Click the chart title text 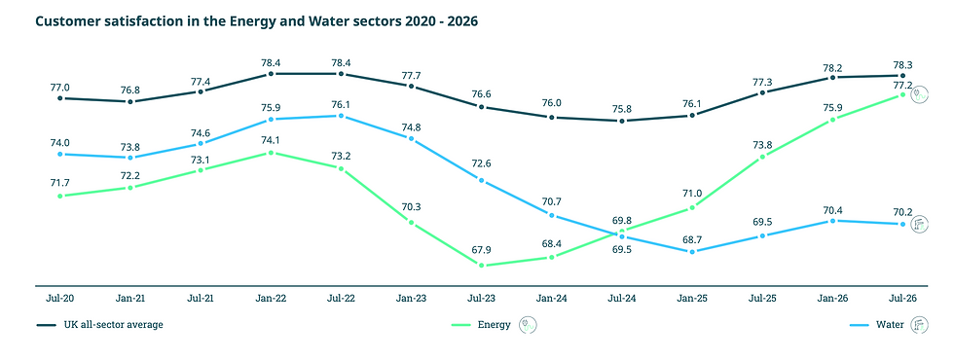(257, 21)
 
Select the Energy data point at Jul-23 (481, 265)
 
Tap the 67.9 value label (481, 250)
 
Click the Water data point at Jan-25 (692, 251)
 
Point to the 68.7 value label (692, 239)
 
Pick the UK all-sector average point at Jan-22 (271, 74)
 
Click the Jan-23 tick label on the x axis (411, 300)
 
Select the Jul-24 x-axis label (622, 300)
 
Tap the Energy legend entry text (495, 325)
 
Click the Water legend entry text (890, 325)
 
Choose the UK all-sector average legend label (113, 325)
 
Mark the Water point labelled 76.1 (341, 116)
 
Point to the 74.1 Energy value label (271, 139)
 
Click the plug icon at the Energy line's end (919, 95)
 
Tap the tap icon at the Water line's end (919, 225)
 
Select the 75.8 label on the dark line (622, 109)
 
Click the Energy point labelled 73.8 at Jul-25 (762, 157)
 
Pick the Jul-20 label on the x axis (59, 300)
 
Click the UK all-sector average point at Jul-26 (903, 76)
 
